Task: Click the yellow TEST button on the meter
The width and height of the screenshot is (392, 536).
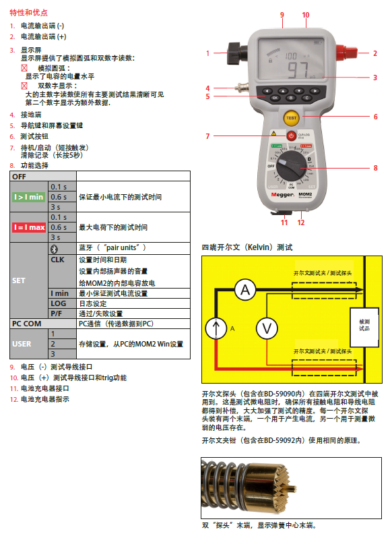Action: (x=291, y=118)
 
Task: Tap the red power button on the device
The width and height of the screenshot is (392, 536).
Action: (x=291, y=136)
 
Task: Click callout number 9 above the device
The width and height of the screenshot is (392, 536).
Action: (x=282, y=14)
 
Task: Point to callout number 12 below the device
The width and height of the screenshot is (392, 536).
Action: (x=300, y=222)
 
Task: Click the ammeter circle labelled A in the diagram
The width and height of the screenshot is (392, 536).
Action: (x=247, y=290)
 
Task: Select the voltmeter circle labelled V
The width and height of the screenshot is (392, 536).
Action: (x=267, y=328)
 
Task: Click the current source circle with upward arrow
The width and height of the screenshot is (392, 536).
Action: (x=216, y=328)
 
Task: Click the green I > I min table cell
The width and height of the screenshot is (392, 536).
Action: (x=29, y=197)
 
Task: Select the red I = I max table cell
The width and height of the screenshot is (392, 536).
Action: (x=29, y=227)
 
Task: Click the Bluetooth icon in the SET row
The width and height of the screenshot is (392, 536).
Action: (x=62, y=248)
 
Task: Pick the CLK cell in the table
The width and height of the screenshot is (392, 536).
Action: (x=62, y=259)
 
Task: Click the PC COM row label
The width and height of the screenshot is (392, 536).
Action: (x=29, y=324)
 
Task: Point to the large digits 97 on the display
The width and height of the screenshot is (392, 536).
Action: (x=298, y=71)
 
